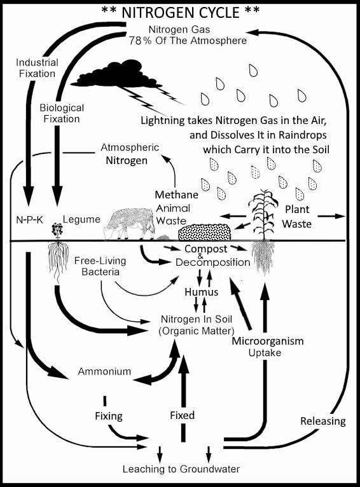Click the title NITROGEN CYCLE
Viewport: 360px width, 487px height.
181,13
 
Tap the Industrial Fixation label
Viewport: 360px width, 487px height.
37,68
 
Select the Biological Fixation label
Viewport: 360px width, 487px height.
62,113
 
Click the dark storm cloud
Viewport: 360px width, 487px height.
116,74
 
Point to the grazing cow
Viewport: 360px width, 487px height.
129,224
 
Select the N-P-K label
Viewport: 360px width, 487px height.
29,220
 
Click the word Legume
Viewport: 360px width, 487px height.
81,219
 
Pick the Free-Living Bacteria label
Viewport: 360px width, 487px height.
100,266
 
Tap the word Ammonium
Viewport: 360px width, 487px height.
104,371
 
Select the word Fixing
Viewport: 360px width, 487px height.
109,416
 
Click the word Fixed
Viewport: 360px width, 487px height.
183,415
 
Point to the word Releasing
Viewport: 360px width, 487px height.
323,421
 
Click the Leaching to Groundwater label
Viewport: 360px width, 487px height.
181,469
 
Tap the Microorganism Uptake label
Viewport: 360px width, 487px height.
267,346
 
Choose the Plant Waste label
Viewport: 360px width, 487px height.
297,216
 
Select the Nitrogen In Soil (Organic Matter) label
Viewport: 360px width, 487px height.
197,325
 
